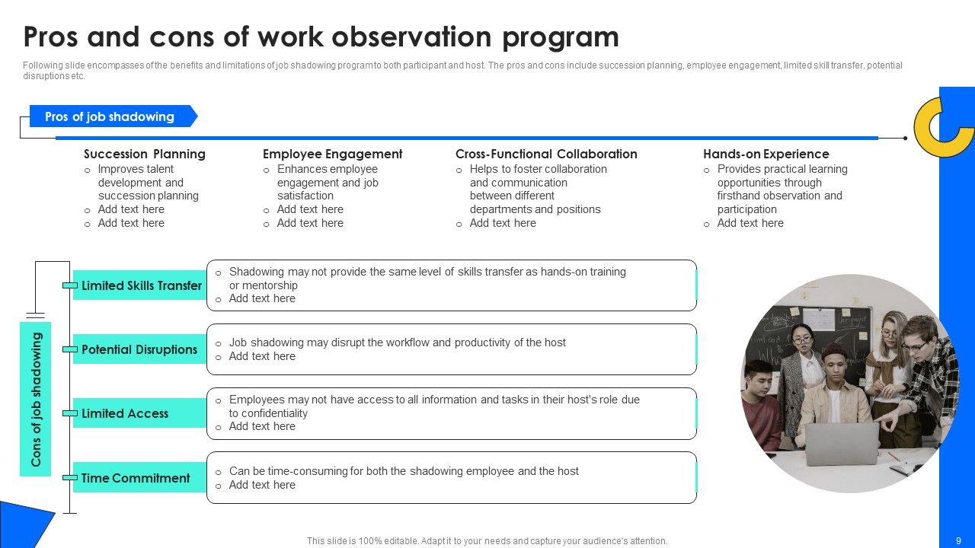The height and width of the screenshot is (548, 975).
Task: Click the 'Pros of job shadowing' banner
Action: point(111,116)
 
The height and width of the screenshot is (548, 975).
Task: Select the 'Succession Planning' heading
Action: point(145,154)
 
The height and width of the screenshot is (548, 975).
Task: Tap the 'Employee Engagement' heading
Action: point(332,154)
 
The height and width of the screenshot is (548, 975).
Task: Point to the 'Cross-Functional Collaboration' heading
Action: point(546,154)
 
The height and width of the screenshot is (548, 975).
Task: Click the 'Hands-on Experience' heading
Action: point(766,154)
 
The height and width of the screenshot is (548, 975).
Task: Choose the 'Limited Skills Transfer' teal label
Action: point(141,285)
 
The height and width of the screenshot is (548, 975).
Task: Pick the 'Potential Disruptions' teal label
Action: point(139,349)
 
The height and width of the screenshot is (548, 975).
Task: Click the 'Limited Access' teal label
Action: point(125,413)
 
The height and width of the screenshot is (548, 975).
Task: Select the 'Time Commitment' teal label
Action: point(136,478)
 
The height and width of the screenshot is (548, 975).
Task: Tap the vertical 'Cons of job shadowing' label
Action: point(36,399)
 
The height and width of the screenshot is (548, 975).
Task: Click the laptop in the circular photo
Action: point(842,444)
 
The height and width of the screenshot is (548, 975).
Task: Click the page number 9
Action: point(958,541)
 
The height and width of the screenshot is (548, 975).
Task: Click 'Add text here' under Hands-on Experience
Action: point(750,223)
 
